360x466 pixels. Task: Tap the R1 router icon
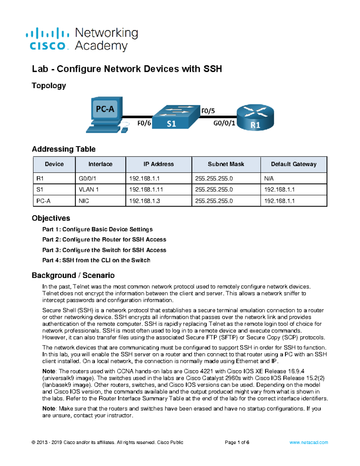click(255, 117)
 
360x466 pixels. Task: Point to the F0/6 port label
click(144, 123)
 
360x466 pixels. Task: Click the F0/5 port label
click(208, 111)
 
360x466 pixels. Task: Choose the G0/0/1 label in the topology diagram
click(224, 123)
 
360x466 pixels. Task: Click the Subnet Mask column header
click(226, 164)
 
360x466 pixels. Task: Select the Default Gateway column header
click(293, 164)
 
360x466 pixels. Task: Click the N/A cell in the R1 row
click(269, 179)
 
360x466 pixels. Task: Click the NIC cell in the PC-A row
click(84, 201)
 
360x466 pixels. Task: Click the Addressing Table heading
click(64, 149)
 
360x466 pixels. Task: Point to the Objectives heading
click(51, 218)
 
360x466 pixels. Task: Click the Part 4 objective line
click(96, 260)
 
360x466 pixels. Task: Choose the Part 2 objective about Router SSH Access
click(104, 239)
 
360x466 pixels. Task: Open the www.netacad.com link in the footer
click(308, 442)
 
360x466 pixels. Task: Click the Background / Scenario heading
click(73, 275)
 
